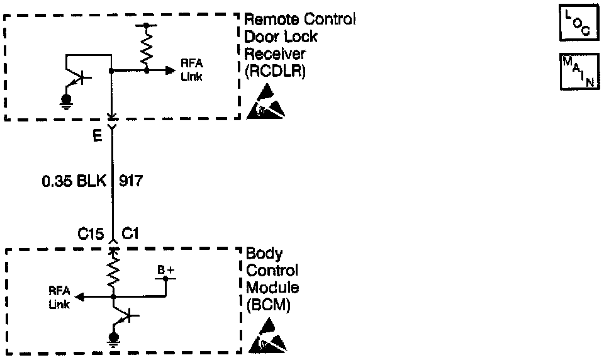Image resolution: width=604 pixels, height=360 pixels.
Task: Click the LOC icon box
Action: pyautogui.click(x=579, y=23)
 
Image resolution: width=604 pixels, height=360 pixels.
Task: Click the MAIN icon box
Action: pyautogui.click(x=579, y=71)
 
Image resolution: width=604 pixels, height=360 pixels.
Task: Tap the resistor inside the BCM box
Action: pyautogui.click(x=114, y=271)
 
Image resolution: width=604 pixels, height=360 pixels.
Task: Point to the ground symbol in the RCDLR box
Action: pyautogui.click(x=65, y=101)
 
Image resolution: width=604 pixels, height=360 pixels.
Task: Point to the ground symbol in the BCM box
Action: pyautogui.click(x=114, y=340)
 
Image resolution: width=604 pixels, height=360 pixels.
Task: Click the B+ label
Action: pyautogui.click(x=165, y=270)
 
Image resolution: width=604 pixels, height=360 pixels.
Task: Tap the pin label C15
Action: pyautogui.click(x=90, y=234)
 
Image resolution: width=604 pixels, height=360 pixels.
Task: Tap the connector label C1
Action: pyautogui.click(x=131, y=234)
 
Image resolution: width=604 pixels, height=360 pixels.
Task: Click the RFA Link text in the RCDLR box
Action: pyautogui.click(x=192, y=70)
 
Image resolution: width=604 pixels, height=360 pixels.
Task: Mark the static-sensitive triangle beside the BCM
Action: pyautogui.click(x=266, y=336)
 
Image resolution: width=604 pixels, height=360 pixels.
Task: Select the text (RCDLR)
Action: pyautogui.click(x=275, y=71)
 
